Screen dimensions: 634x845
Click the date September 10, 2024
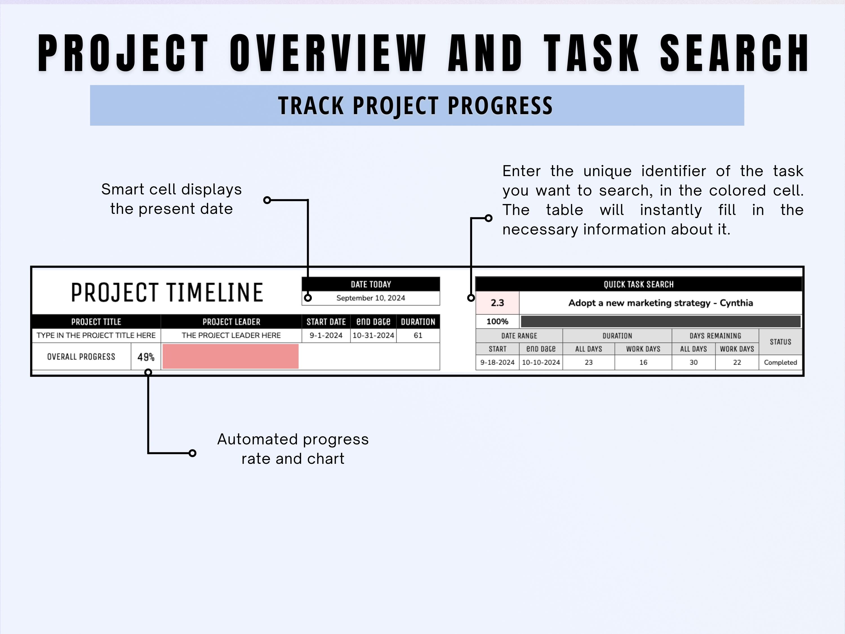pyautogui.click(x=371, y=298)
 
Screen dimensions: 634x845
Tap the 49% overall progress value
pyautogui.click(x=146, y=357)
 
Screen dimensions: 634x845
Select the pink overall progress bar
pyautogui.click(x=230, y=356)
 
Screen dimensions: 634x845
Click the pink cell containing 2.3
pyautogui.click(x=497, y=303)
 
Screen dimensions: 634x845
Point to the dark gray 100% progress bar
pyautogui.click(x=661, y=322)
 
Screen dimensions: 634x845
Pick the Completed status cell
pyautogui.click(x=780, y=362)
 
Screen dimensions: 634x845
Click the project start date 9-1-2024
pyautogui.click(x=326, y=336)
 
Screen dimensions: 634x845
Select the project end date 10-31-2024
pyautogui.click(x=373, y=336)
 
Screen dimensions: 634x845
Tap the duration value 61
pyautogui.click(x=418, y=336)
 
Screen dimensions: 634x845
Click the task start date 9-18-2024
pyautogui.click(x=497, y=362)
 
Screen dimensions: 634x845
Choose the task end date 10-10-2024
pyautogui.click(x=541, y=362)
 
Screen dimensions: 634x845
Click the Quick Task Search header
pyautogui.click(x=638, y=284)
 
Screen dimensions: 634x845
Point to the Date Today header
pyautogui.click(x=371, y=284)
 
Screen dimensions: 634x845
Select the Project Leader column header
pyautogui.click(x=231, y=322)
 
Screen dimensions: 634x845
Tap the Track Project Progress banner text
pyautogui.click(x=415, y=105)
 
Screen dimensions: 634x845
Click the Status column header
pyautogui.click(x=780, y=342)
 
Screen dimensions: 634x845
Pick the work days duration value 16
pyautogui.click(x=643, y=362)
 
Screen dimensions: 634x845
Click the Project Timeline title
pyautogui.click(x=167, y=293)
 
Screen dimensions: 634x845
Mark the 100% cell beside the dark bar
pyautogui.click(x=497, y=322)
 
